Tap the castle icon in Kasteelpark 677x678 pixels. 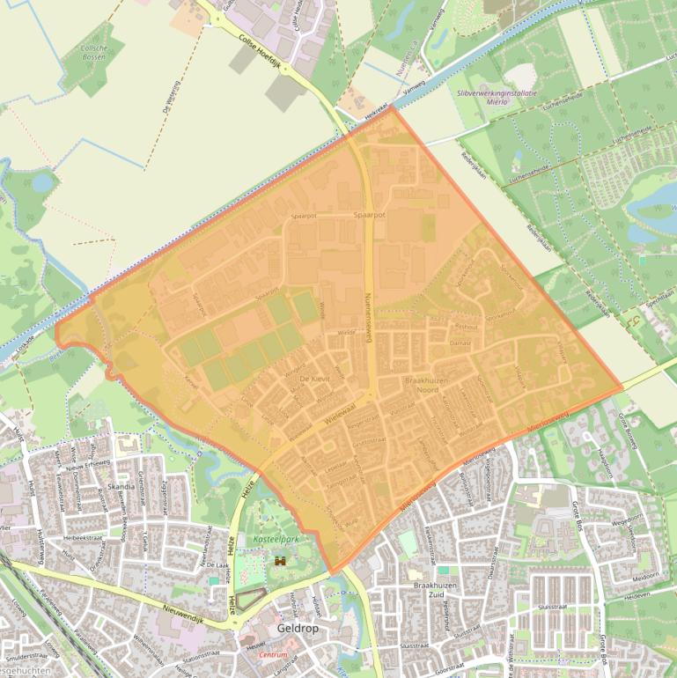pos(281,560)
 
